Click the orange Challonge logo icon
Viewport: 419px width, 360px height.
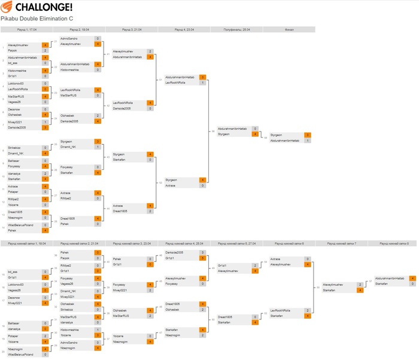tap(7, 7)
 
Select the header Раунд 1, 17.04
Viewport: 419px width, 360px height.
tap(27, 29)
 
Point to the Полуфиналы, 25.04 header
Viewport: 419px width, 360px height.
tap(236, 29)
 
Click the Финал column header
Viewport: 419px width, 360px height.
tap(289, 29)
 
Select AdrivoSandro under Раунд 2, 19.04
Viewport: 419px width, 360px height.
tap(70, 38)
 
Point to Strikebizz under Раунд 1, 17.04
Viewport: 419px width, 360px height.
tap(16, 147)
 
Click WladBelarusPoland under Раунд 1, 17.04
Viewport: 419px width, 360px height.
tap(20, 224)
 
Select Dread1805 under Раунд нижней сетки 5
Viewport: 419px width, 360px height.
tap(226, 316)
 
